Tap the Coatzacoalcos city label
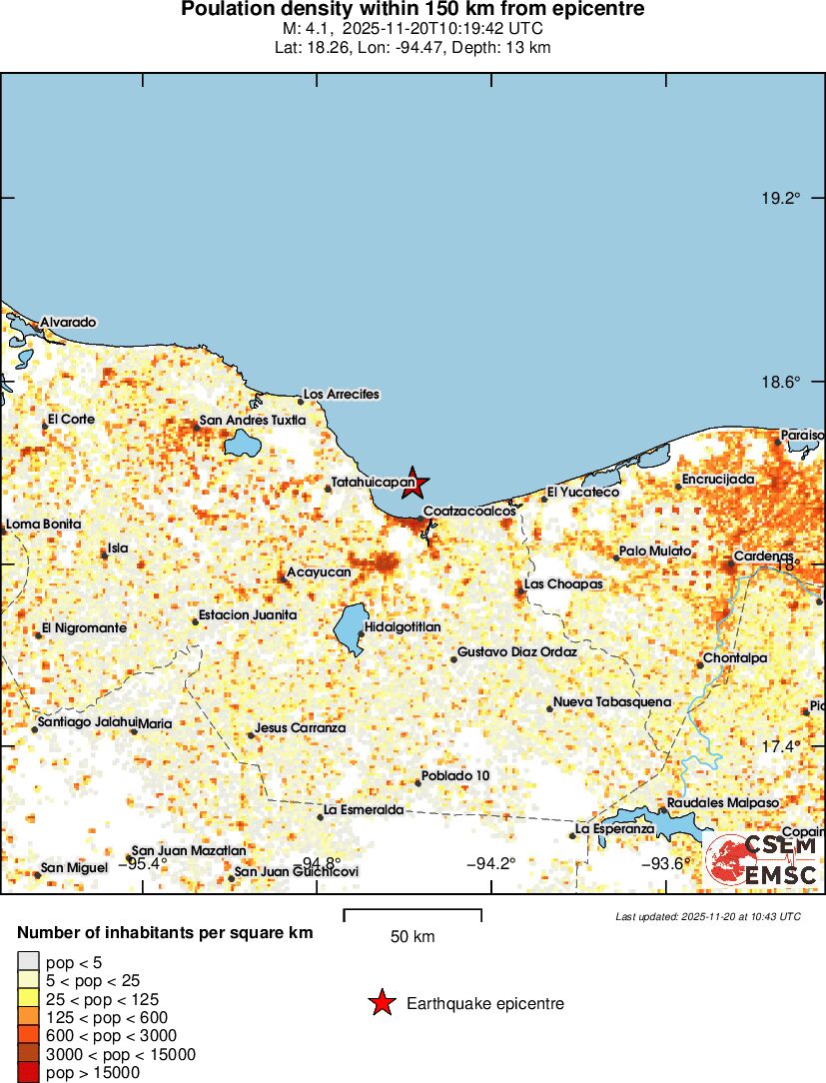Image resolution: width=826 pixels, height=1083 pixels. point(469,512)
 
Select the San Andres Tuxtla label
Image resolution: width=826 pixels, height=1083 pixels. point(253,421)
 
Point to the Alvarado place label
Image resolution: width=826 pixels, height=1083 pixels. point(68,323)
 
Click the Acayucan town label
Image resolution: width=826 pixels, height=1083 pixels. point(319,572)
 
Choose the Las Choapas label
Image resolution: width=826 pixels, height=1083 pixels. point(563,584)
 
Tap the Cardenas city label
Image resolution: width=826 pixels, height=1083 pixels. point(763,556)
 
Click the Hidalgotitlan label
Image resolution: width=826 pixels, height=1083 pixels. point(403,626)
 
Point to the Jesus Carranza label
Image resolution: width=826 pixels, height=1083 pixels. point(301,728)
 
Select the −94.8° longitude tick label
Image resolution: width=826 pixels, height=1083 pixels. point(321,864)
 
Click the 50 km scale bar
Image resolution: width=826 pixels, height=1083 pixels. point(413,913)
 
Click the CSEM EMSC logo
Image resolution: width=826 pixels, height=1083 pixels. point(762,862)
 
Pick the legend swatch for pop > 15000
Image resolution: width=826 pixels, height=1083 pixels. point(28,1073)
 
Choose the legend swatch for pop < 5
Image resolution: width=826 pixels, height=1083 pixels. point(28,962)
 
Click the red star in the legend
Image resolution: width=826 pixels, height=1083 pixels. point(381,1003)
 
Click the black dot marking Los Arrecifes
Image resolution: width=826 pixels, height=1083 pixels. point(300,403)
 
